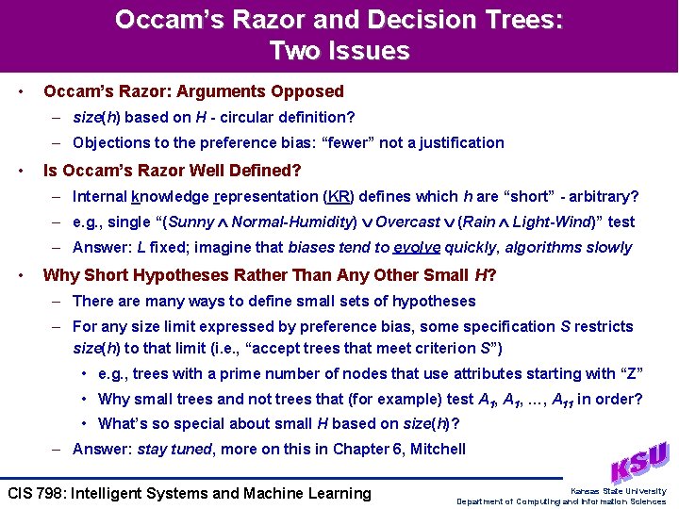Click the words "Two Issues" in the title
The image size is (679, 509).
pos(339,50)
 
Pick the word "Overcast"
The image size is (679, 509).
pos(406,222)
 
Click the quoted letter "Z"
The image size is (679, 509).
pos(631,373)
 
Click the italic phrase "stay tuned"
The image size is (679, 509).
pos(174,449)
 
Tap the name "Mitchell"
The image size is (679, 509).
pos(437,449)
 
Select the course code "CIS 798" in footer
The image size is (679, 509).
pos(35,493)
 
